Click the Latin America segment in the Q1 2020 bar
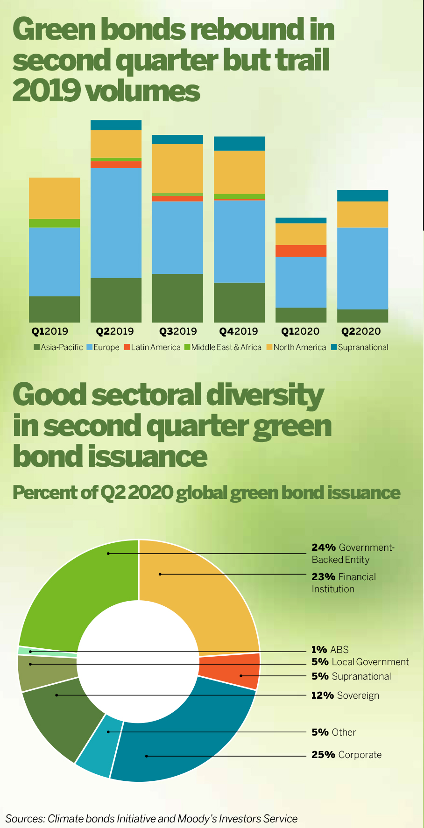pyautogui.click(x=301, y=251)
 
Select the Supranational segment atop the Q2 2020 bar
pyautogui.click(x=362, y=196)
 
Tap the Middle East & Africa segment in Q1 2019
pyautogui.click(x=54, y=223)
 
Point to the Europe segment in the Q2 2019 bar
pyautogui.click(x=116, y=223)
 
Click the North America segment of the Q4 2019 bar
pyautogui.click(x=239, y=172)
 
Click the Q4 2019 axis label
pyautogui.click(x=239, y=331)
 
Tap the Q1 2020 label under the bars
pyautogui.click(x=300, y=331)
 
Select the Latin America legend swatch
pyautogui.click(x=127, y=347)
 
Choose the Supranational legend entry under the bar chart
pyautogui.click(x=360, y=347)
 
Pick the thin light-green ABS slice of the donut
pyautogui.click(x=47, y=651)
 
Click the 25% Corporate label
pyautogui.click(x=346, y=755)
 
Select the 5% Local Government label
pyautogui.click(x=360, y=662)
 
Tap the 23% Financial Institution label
pyautogui.click(x=344, y=582)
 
